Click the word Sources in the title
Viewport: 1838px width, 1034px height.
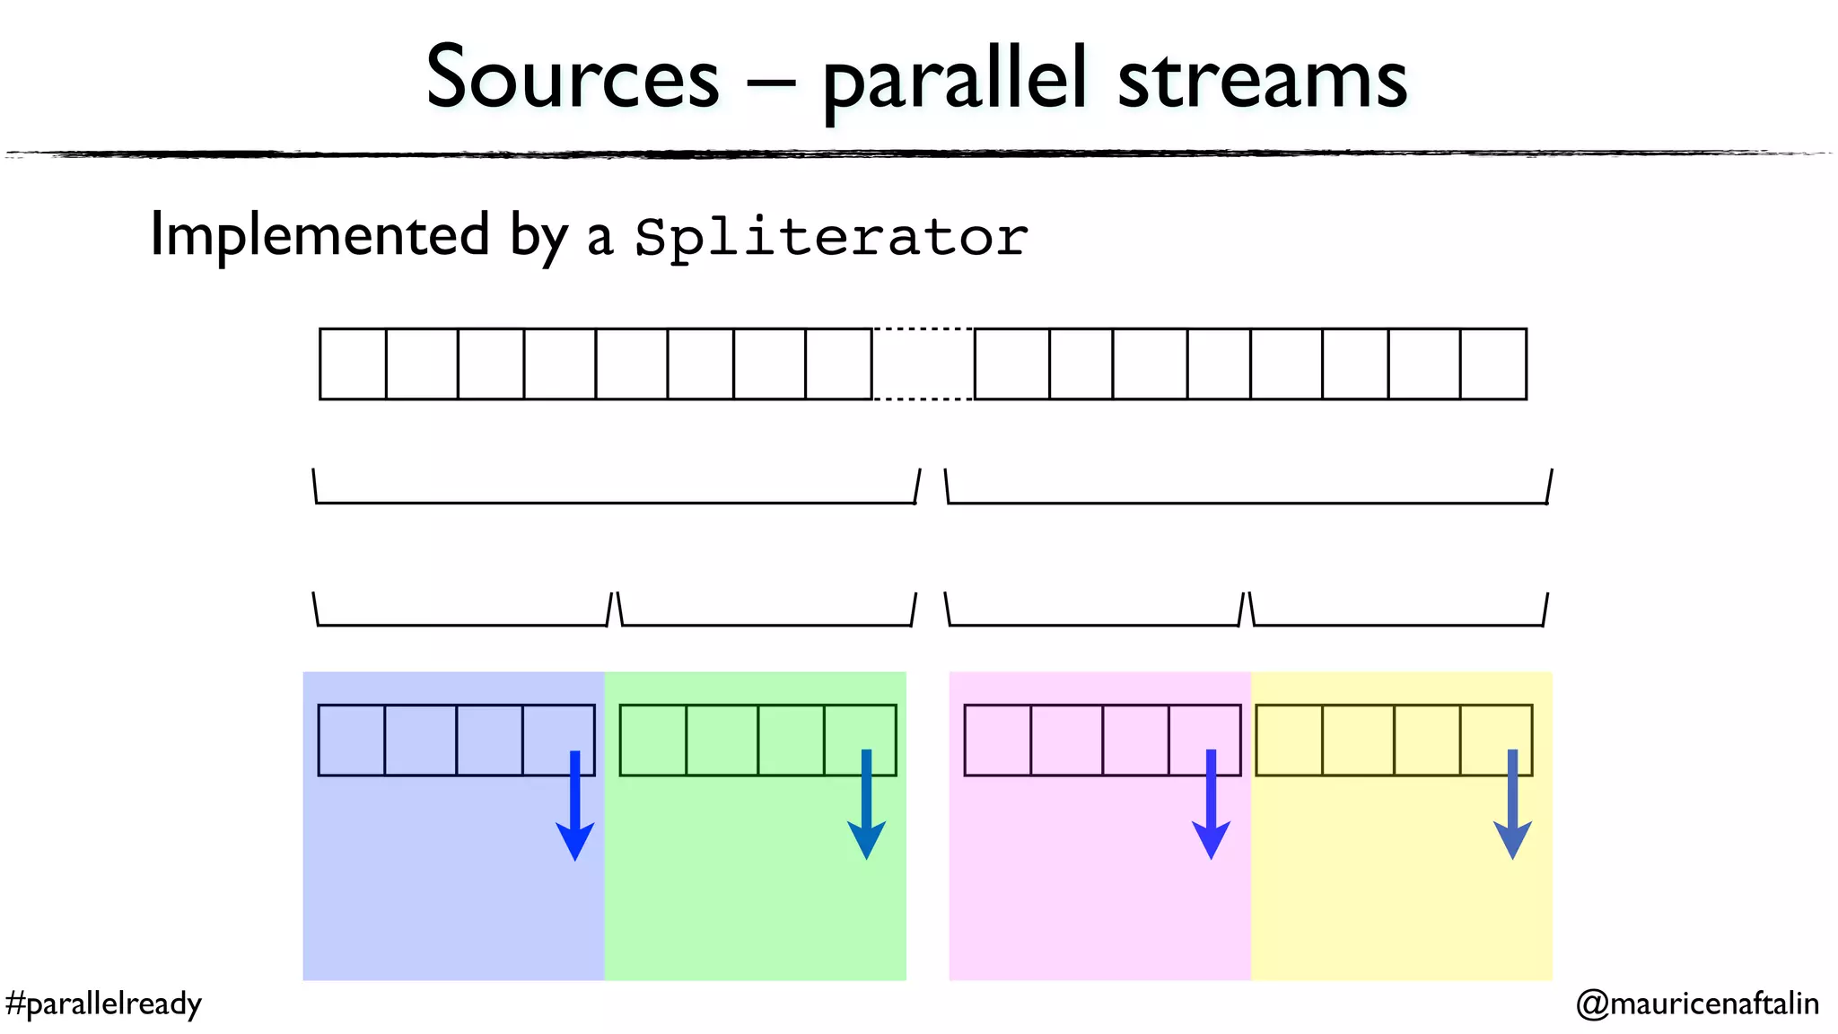[573, 79]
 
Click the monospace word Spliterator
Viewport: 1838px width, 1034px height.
[831, 238]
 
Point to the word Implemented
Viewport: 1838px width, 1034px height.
[319, 235]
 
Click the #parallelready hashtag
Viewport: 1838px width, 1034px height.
[103, 1003]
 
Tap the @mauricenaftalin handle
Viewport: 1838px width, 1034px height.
[1697, 1003]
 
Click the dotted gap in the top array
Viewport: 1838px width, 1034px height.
[923, 364]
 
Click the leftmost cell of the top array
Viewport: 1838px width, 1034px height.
[353, 364]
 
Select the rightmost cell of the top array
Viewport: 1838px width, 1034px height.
[1492, 364]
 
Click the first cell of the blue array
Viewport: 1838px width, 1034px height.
[351, 740]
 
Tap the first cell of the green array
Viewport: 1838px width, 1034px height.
[652, 740]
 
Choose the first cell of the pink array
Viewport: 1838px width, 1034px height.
[997, 740]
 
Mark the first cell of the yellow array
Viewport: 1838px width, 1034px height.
[1289, 740]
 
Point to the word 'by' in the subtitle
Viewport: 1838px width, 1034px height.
[538, 237]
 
